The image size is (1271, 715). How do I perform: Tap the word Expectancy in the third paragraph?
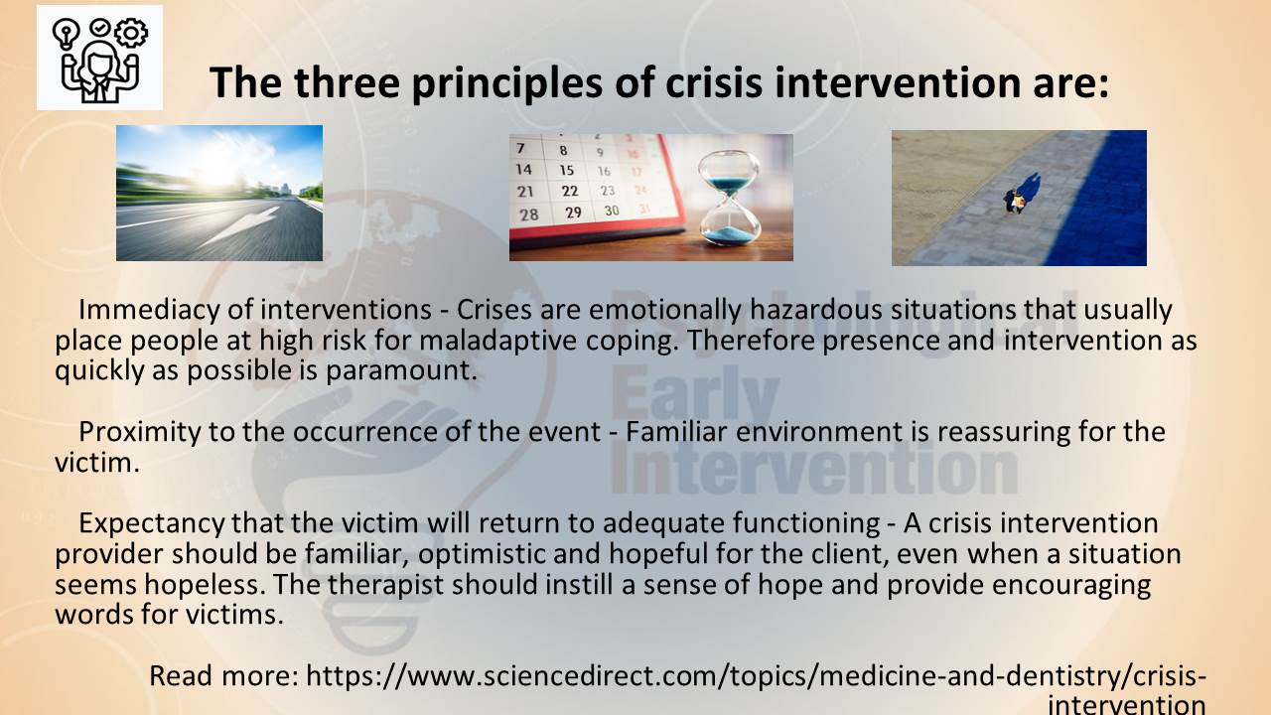152,524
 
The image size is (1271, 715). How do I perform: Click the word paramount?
401,371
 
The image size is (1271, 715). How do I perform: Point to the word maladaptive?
498,341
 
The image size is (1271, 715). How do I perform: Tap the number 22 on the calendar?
570,192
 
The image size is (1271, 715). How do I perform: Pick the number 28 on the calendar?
529,214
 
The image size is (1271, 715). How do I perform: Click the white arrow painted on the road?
240,226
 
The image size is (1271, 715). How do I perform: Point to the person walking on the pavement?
1016,201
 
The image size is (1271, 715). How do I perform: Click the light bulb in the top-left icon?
66,35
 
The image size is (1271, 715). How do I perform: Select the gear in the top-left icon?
131,33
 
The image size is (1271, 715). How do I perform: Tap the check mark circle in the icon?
100,27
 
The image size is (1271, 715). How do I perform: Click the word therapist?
385,586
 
